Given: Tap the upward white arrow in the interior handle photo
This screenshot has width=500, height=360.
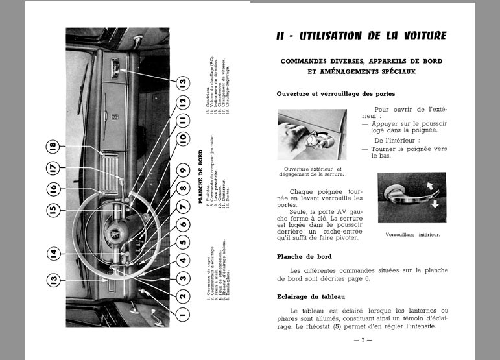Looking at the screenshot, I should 429,186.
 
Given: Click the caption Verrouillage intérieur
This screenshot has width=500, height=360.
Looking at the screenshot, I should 412,235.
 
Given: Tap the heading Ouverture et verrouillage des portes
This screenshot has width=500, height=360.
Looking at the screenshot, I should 335,94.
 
